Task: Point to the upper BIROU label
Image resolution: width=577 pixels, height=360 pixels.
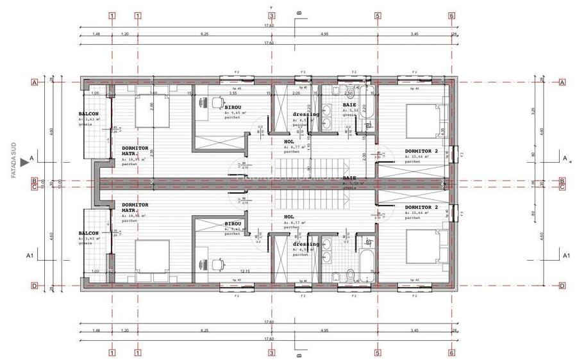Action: pyautogui.click(x=233, y=108)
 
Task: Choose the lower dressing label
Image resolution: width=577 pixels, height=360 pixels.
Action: pyautogui.click(x=306, y=243)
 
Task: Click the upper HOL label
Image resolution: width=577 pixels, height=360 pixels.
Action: pyautogui.click(x=288, y=142)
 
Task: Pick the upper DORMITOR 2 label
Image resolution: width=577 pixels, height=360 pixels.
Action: pyautogui.click(x=421, y=152)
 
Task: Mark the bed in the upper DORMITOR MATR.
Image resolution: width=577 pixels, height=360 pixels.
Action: pyautogui.click(x=153, y=113)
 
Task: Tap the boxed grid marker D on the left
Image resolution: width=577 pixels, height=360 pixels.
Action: pyautogui.click(x=34, y=286)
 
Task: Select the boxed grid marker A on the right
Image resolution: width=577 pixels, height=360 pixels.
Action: pyautogui.click(x=562, y=82)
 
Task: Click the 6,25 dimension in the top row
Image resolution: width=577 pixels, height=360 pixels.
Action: pyautogui.click(x=205, y=33)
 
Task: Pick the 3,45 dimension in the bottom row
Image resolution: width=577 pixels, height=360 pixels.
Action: pyautogui.click(x=415, y=331)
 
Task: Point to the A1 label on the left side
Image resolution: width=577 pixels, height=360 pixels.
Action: pyautogui.click(x=29, y=256)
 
